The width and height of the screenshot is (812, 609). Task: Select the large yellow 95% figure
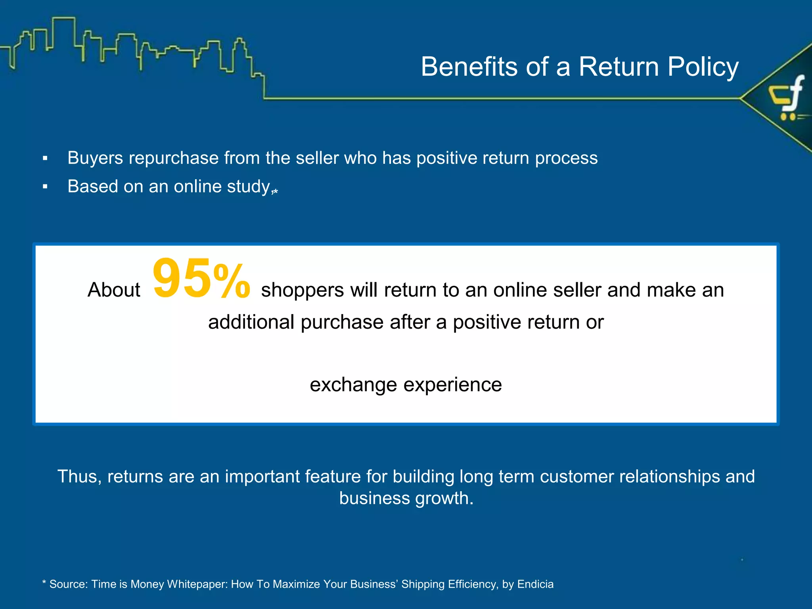click(x=201, y=279)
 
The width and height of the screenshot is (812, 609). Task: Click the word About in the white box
click(x=114, y=290)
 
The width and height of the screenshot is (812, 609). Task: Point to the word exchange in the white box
click(x=353, y=385)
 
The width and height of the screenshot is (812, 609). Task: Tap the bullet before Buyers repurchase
click(x=45, y=159)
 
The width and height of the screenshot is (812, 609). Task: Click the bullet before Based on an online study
click(x=45, y=187)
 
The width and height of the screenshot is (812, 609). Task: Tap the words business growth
click(x=406, y=498)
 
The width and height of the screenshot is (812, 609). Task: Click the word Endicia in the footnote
click(x=535, y=584)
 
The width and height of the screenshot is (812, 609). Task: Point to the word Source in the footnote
click(x=68, y=584)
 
